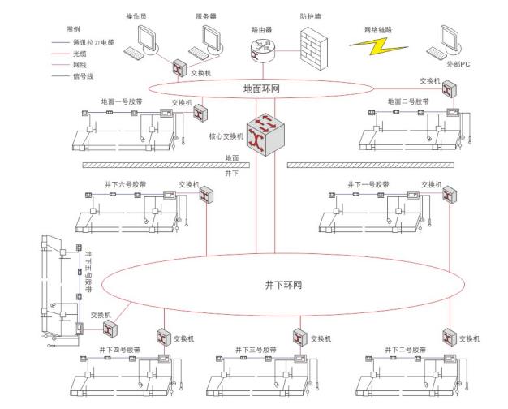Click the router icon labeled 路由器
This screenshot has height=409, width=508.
click(x=262, y=48)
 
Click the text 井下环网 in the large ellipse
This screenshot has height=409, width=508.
click(x=283, y=286)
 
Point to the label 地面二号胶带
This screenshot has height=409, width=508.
click(x=408, y=102)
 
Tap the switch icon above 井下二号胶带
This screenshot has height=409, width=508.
click(x=447, y=336)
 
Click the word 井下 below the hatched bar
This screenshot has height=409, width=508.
click(x=231, y=174)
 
